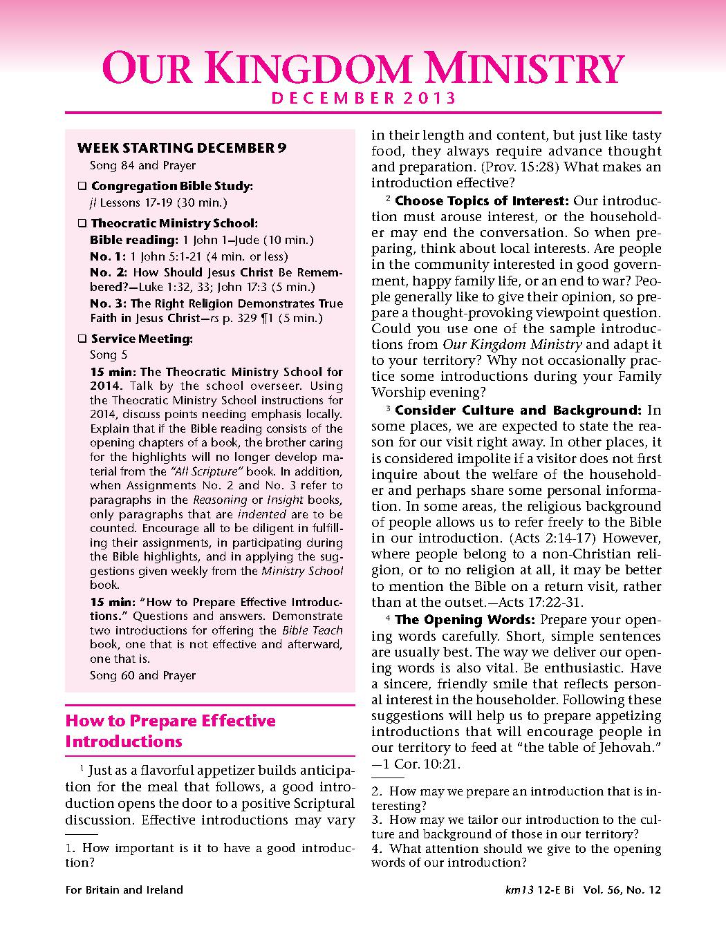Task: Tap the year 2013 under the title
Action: click(x=429, y=98)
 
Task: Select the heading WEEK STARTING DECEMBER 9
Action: click(x=181, y=148)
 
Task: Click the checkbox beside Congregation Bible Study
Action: click(x=82, y=187)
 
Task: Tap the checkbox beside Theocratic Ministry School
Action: click(x=82, y=224)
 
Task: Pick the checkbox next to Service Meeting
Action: click(x=82, y=339)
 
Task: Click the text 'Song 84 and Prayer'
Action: click(x=142, y=166)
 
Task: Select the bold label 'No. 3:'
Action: click(x=108, y=303)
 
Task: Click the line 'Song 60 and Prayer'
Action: click(x=142, y=675)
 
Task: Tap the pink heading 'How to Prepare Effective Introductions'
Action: click(x=169, y=731)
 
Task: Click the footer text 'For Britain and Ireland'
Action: click(x=124, y=889)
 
